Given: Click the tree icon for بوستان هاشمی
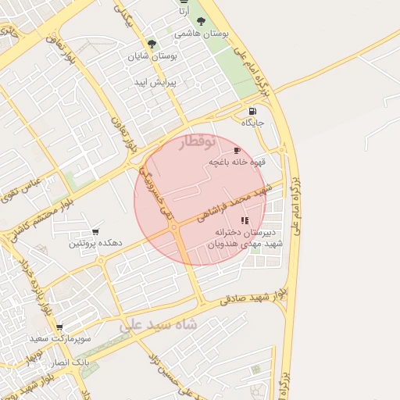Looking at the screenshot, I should click(202, 22).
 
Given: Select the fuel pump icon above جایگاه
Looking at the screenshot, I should click(252, 111).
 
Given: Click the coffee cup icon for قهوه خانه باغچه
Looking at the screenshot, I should click(237, 150).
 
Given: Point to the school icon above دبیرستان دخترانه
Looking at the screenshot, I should click(245, 220).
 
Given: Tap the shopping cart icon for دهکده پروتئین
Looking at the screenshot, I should click(95, 231).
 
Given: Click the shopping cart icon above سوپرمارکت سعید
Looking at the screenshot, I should click(59, 327).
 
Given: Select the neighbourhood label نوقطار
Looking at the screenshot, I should click(196, 142).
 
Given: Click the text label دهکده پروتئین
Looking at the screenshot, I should click(95, 244).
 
